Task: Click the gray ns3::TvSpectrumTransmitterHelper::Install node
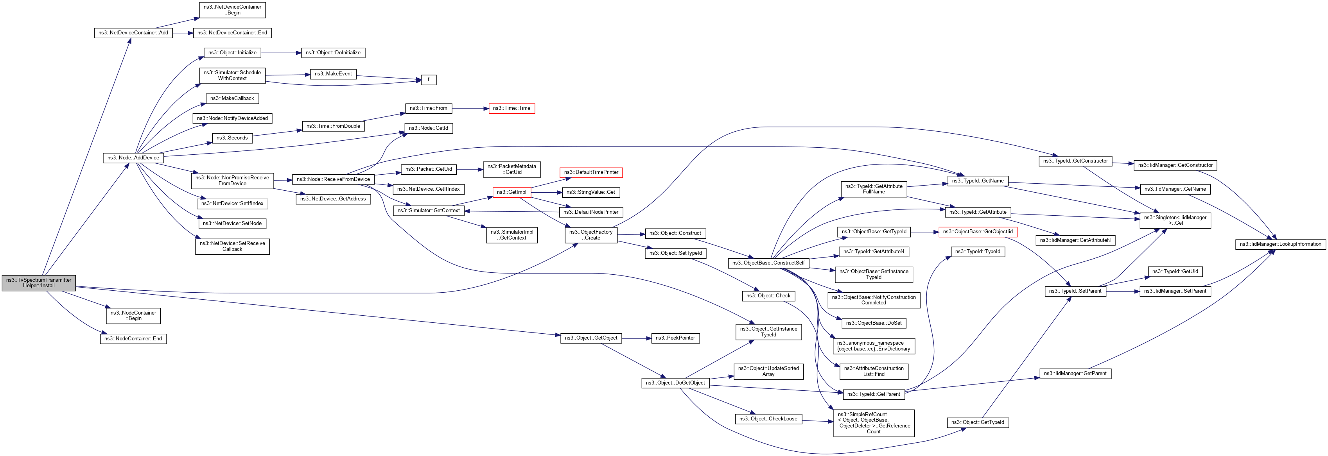point(39,283)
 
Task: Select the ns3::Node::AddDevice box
point(133,158)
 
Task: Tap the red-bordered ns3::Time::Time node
point(511,108)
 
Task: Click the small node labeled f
point(429,80)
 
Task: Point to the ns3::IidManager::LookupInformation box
point(1280,244)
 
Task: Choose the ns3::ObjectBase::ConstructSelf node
point(768,263)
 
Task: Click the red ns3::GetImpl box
point(511,192)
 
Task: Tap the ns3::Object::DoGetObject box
point(675,383)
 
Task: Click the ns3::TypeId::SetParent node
point(1075,291)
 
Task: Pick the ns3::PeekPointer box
point(675,338)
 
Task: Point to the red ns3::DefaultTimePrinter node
point(591,172)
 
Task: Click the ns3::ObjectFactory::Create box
point(591,235)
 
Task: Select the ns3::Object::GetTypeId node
point(978,422)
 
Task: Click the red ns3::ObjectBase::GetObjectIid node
point(978,232)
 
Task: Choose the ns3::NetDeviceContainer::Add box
point(133,32)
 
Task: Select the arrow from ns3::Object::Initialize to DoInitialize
point(281,53)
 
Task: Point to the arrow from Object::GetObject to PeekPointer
point(636,338)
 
